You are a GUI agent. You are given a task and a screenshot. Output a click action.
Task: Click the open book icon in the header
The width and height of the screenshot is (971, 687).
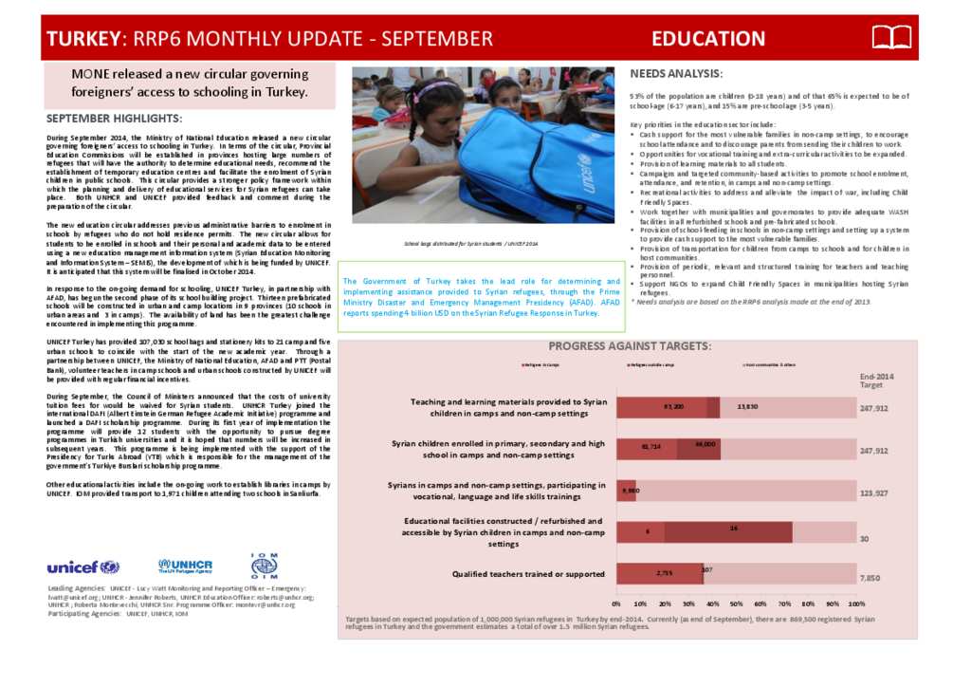point(890,38)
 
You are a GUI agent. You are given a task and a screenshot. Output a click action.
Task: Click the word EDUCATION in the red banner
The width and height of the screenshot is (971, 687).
point(708,39)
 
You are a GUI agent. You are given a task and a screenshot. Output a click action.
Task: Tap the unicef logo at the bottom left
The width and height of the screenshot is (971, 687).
point(83,567)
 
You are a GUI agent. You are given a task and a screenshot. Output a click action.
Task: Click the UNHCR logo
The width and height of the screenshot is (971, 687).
point(186,566)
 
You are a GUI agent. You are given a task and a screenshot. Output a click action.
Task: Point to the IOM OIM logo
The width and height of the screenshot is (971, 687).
point(264,566)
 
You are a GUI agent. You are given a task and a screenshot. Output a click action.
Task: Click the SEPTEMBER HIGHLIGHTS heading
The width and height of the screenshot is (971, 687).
point(114,119)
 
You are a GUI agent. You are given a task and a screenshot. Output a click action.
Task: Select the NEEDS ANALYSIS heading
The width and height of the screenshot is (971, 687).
point(676,74)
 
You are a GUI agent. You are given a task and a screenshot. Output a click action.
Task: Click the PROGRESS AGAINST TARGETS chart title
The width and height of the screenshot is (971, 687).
point(630,345)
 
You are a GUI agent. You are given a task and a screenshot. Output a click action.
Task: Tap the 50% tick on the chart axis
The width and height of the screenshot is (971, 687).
point(737,603)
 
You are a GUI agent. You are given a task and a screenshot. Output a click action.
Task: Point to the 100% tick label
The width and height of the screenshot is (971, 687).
point(856,603)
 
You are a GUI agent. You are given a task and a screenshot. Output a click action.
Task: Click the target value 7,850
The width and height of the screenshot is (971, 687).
point(870,577)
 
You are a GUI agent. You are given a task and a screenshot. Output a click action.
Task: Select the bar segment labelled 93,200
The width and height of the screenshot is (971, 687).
point(662,407)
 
